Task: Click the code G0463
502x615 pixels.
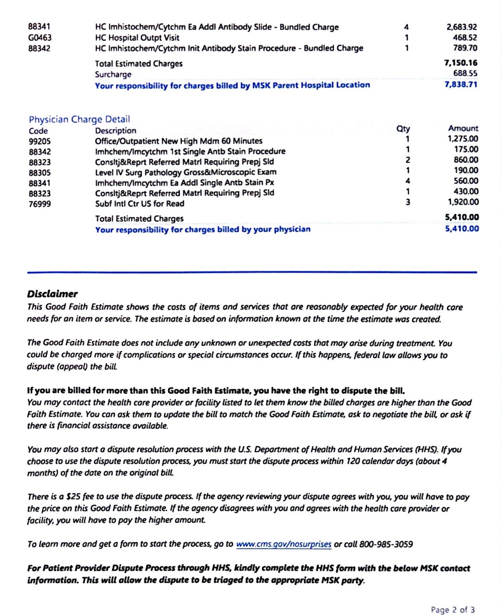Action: (40, 38)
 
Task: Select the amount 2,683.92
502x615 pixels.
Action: (461, 27)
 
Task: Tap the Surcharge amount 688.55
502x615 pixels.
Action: (465, 74)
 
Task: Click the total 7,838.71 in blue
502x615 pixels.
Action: (461, 84)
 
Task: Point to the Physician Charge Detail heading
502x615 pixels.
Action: (79, 119)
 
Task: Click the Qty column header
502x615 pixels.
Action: (403, 128)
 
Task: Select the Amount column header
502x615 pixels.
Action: (463, 128)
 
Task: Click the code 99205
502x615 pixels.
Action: (40, 142)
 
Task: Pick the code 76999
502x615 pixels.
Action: (40, 204)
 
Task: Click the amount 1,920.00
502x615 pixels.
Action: (463, 202)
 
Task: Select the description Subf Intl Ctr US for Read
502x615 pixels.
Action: (139, 203)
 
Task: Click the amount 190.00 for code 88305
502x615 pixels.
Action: (466, 170)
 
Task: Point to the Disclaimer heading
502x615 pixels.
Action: (52, 294)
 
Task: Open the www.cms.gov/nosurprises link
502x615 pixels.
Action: (284, 544)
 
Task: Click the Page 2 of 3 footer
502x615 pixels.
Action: (453, 610)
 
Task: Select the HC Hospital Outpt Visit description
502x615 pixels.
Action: (137, 38)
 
